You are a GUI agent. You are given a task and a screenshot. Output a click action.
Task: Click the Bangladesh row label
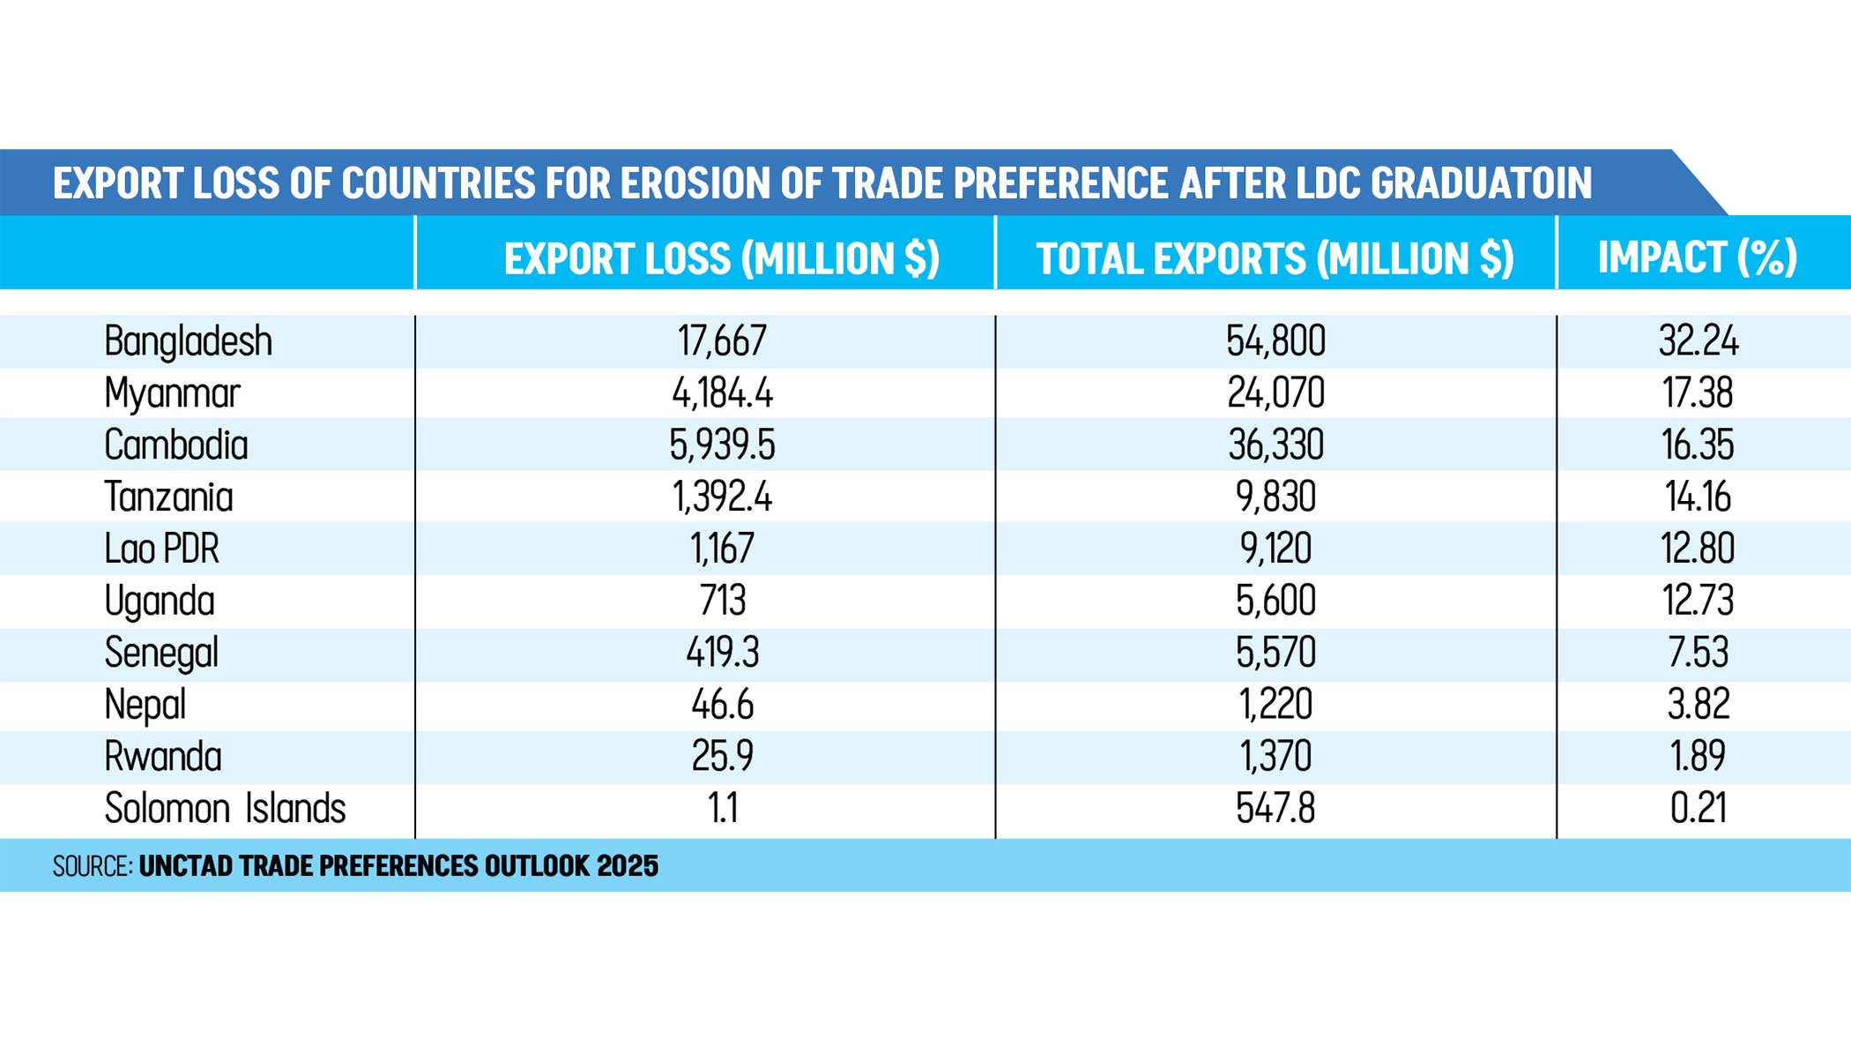point(188,341)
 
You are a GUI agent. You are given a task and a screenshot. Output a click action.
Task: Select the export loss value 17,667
point(722,341)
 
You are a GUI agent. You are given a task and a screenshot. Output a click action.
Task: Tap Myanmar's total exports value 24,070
point(1275,392)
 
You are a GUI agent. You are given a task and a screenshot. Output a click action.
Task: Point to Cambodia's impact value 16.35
point(1698,445)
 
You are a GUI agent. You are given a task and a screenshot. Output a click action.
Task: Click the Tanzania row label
point(168,497)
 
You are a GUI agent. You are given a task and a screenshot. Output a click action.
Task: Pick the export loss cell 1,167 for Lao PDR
point(722,549)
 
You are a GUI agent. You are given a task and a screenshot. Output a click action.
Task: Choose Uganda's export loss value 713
point(722,601)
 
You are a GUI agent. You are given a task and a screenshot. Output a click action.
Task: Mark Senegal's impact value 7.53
point(1698,653)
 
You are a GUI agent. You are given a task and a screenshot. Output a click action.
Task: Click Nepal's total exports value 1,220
point(1275,705)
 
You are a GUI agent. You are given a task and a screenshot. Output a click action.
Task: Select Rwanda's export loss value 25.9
point(722,757)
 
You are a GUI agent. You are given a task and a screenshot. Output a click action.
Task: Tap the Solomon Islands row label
point(225,808)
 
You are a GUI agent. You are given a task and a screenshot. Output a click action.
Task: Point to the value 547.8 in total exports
point(1275,808)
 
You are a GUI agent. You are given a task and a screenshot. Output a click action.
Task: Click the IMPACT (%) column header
point(1697,258)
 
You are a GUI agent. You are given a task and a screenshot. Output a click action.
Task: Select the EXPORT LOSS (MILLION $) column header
point(722,258)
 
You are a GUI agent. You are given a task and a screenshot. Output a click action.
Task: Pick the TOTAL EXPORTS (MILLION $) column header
point(1275,258)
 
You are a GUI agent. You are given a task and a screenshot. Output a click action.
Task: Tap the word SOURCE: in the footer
point(93,866)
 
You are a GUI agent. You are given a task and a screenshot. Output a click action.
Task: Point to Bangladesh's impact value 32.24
point(1698,341)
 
